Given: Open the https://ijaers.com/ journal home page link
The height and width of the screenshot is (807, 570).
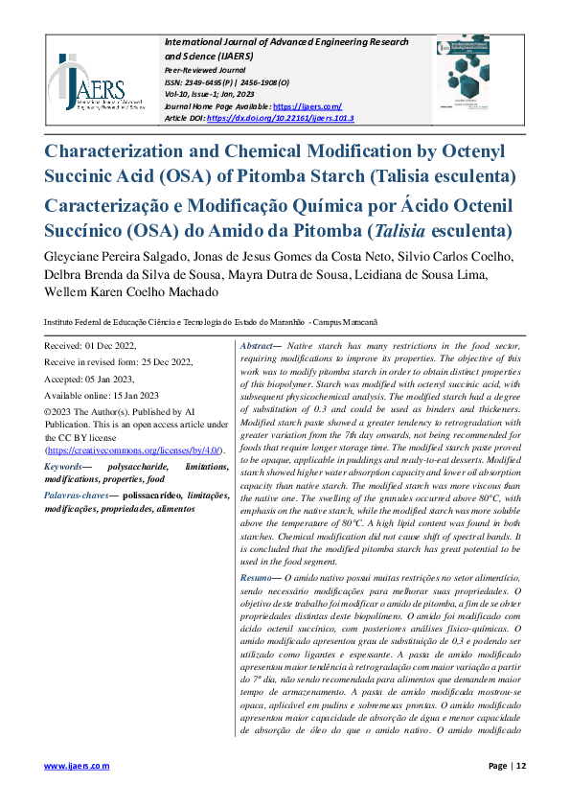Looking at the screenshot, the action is click(308, 106).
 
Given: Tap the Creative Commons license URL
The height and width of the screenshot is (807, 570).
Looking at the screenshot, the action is click(133, 450).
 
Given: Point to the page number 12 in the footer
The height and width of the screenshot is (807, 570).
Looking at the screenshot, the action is click(519, 766).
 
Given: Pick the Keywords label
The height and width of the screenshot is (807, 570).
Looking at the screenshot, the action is click(64, 466).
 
